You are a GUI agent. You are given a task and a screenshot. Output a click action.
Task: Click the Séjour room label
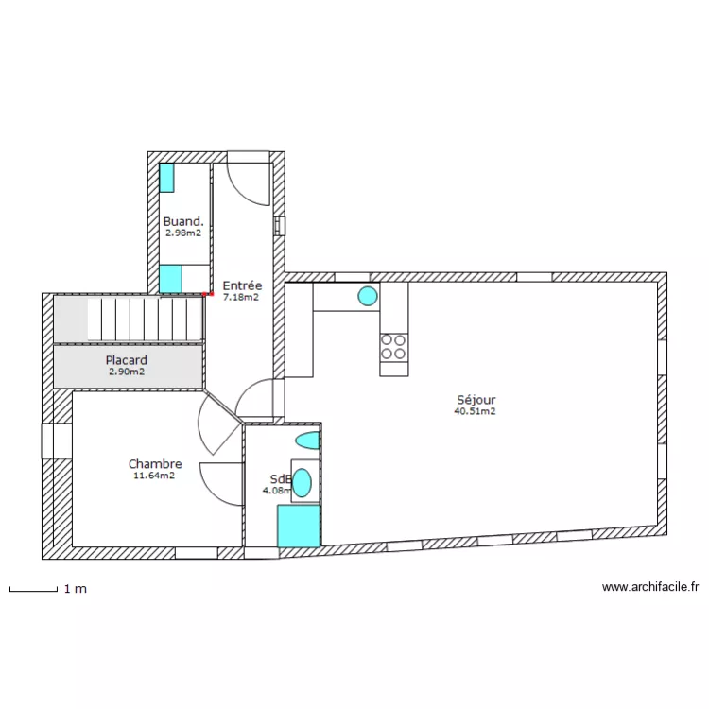click(x=475, y=400)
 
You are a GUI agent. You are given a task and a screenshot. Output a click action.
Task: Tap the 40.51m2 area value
click(x=475, y=411)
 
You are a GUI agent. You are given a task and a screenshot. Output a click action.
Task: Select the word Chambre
click(x=155, y=464)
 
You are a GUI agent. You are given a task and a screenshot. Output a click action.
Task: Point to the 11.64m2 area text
click(x=155, y=476)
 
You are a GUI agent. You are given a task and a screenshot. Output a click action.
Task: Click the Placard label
click(x=126, y=360)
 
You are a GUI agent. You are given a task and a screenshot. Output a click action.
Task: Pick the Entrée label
click(x=242, y=285)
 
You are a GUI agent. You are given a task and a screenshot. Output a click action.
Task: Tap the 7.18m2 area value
click(x=241, y=296)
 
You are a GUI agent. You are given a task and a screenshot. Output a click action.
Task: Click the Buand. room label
click(x=183, y=221)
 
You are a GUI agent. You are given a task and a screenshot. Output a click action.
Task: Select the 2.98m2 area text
click(x=183, y=233)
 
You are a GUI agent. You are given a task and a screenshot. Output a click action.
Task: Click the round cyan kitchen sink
click(x=367, y=297)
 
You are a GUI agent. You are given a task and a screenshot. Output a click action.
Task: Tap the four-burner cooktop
click(x=394, y=348)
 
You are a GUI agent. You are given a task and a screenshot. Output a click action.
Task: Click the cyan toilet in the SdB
click(x=307, y=441)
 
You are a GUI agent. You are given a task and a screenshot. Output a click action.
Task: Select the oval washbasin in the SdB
click(x=302, y=482)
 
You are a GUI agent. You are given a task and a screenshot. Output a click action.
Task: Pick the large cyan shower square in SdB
click(x=299, y=526)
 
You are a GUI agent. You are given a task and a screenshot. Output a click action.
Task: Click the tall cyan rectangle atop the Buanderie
click(x=167, y=178)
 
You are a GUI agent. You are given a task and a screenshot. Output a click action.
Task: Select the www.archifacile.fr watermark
click(x=650, y=587)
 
